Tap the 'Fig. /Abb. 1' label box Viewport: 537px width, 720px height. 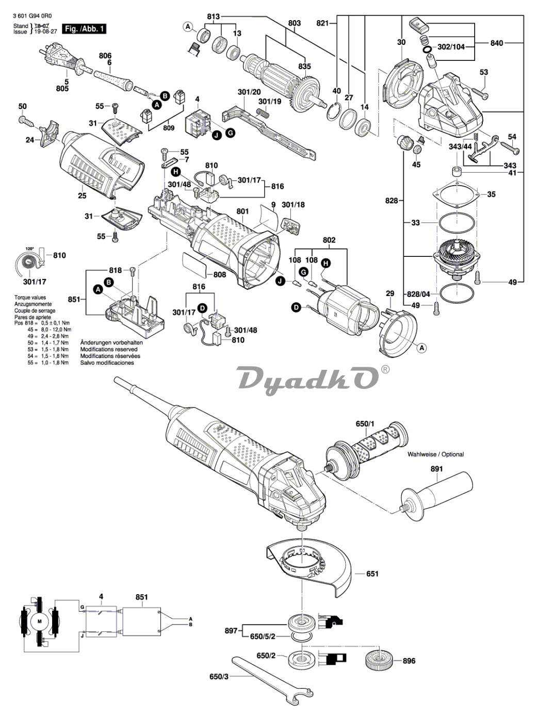[x=84, y=29]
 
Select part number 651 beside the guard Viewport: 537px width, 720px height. [x=372, y=574]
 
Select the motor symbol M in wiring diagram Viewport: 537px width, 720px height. [x=40, y=622]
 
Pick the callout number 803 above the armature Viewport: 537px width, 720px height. [x=295, y=23]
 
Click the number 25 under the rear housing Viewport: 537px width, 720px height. [x=82, y=195]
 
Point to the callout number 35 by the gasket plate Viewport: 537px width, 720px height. [x=491, y=194]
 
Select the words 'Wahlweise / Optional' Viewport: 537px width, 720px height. [x=435, y=454]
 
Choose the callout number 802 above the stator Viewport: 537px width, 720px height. [x=329, y=240]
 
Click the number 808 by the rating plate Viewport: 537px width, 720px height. [x=220, y=274]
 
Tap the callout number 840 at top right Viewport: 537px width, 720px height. [x=496, y=43]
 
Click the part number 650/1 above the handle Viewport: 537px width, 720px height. [x=364, y=424]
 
